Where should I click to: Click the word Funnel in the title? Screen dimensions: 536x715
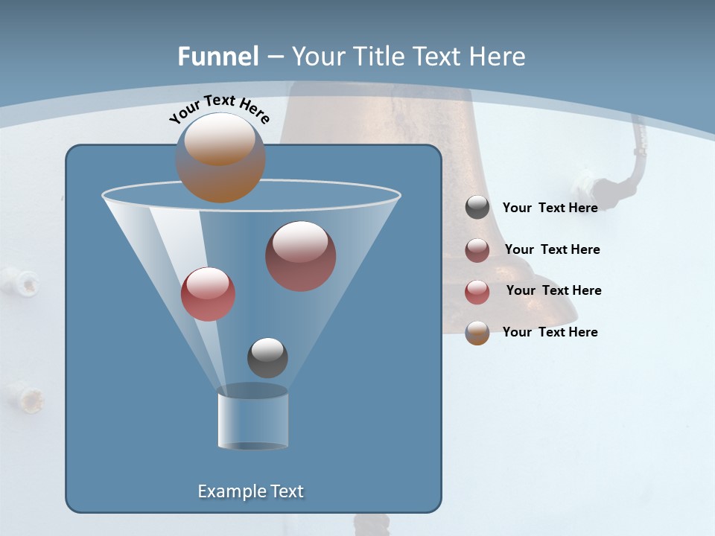coord(218,57)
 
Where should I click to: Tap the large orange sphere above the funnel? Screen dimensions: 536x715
coord(220,158)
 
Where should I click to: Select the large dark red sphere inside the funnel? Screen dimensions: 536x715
coord(300,256)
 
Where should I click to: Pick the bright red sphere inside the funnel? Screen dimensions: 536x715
coord(208,294)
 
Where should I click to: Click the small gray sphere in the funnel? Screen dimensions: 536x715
coord(267,357)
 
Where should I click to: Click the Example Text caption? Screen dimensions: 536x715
coord(251,491)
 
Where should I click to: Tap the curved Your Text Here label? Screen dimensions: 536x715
coord(219,109)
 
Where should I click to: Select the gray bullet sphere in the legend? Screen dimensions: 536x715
coord(477,207)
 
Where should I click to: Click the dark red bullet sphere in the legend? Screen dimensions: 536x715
coord(477,250)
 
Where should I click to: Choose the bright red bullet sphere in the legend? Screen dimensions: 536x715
coord(477,292)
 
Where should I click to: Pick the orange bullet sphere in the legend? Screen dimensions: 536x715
coord(477,333)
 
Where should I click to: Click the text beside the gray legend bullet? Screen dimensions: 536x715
coord(550,208)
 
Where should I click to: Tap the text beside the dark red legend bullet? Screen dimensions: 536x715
coord(552,249)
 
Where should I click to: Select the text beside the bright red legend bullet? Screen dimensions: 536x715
coord(553,290)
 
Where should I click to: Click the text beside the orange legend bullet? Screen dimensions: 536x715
coord(550,332)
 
